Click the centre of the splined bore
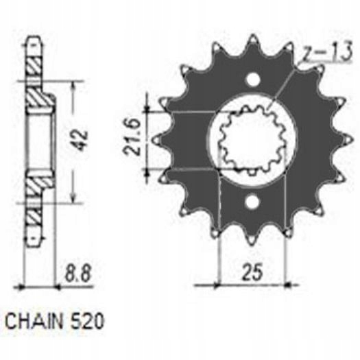(252, 140)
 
